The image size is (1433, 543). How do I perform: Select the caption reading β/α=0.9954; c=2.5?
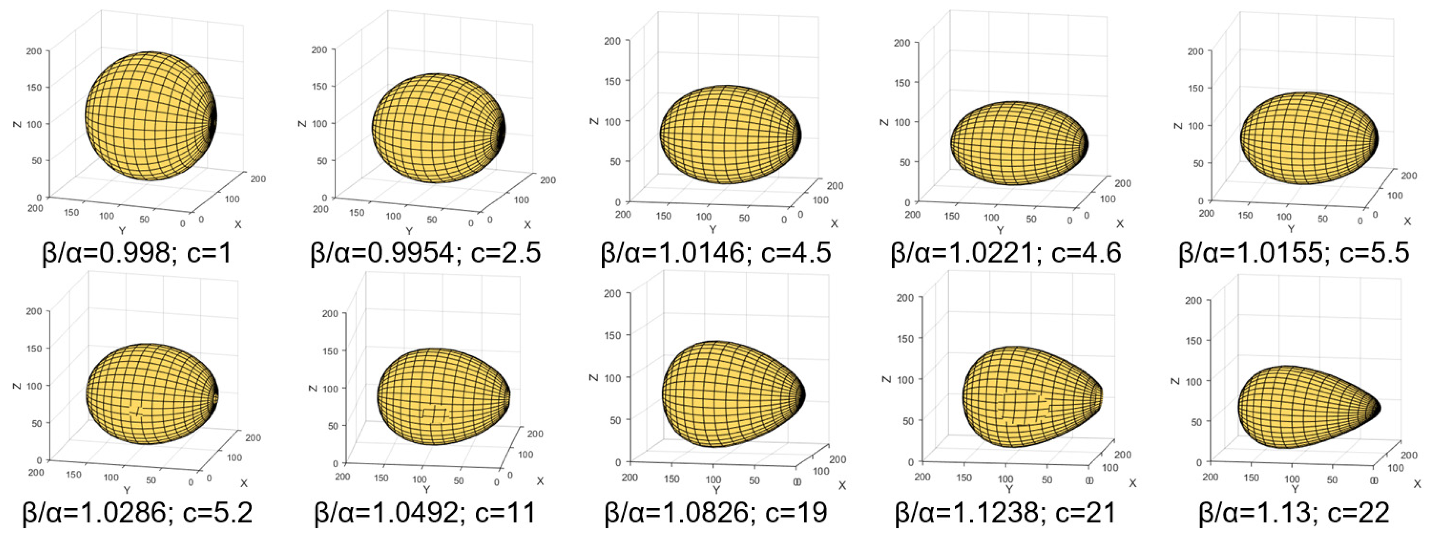426,253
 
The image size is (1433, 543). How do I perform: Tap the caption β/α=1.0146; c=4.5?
716,253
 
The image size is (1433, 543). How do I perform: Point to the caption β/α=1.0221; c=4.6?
1006,253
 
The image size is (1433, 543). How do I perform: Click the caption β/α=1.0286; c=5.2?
137,513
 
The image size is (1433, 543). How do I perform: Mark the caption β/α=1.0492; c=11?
426,513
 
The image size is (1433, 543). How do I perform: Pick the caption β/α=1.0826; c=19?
716,513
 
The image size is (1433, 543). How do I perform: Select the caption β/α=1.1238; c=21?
1006,513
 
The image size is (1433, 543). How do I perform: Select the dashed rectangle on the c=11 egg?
434,413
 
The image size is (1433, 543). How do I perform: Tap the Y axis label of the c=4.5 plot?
712,229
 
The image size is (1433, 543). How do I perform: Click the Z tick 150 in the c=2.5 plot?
319,86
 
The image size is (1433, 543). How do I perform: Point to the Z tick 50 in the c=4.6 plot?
905,162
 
